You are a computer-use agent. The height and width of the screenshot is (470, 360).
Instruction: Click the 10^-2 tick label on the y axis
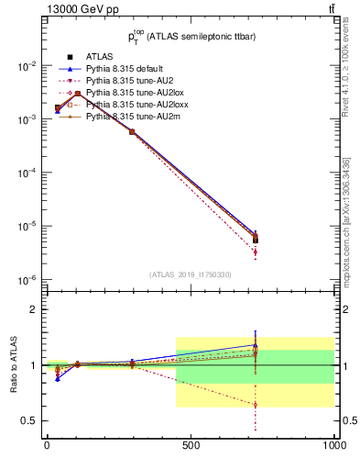pos(25,66)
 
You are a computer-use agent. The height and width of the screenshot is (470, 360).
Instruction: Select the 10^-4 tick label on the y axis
pos(25,173)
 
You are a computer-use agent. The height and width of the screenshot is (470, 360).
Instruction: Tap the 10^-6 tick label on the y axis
pos(25,279)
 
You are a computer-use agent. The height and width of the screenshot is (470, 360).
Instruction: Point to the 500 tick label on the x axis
pos(191,445)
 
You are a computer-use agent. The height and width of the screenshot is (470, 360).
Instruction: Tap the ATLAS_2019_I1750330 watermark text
pos(190,274)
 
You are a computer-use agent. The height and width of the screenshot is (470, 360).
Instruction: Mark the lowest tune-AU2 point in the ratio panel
pos(256,404)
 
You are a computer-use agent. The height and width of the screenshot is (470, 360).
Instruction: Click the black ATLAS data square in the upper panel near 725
pos(256,240)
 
